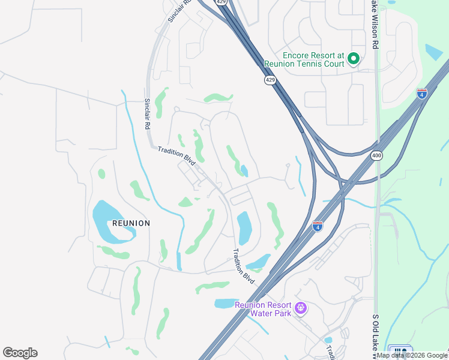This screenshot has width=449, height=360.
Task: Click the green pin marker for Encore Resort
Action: tap(353, 59)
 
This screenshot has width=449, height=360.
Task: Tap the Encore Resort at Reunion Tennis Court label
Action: tap(304, 59)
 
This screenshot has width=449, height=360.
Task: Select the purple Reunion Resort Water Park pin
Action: tap(301, 308)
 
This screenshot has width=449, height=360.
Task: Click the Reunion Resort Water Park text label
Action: tap(263, 308)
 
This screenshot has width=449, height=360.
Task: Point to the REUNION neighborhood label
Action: tap(131, 223)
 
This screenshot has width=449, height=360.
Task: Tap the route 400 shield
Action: tap(376, 155)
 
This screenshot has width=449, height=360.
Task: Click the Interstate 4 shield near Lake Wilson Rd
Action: tap(422, 94)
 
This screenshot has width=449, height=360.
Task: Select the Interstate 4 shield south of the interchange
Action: tap(318, 226)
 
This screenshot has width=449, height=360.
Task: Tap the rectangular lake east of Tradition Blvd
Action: tap(244, 228)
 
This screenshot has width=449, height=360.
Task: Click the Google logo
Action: tap(20, 353)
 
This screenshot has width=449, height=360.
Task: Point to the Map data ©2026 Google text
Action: tap(412, 355)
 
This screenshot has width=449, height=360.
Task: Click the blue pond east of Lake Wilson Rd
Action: tap(434, 53)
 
